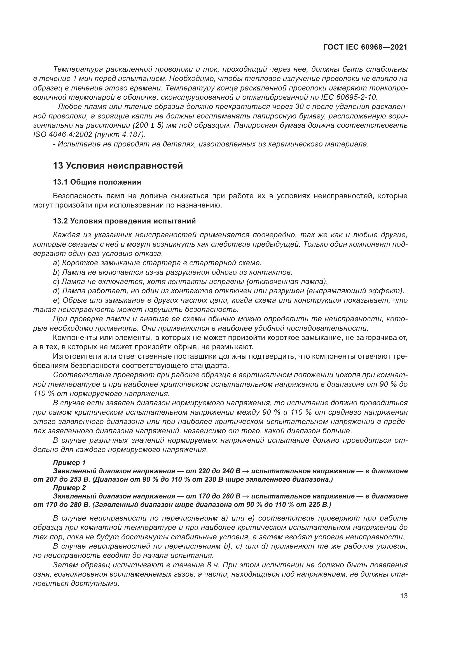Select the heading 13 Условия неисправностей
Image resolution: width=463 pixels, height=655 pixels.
coord(118,166)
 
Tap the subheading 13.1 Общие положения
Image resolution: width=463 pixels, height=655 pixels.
coord(97,182)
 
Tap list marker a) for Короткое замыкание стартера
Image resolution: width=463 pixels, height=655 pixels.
coord(56,263)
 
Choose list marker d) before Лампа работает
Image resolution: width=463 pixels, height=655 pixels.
coord(56,291)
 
